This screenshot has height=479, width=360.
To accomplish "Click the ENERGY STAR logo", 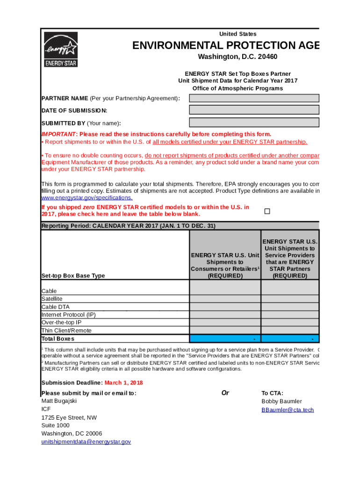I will [x=60, y=49].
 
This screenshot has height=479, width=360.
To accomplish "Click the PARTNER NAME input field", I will [x=254, y=98].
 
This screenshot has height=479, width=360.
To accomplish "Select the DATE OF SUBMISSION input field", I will [x=254, y=110].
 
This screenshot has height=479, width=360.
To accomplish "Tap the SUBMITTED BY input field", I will [x=254, y=123].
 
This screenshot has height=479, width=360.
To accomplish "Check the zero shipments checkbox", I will [x=267, y=211].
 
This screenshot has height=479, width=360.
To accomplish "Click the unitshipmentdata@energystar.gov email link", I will [x=86, y=442].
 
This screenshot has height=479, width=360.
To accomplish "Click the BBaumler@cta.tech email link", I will [x=288, y=410].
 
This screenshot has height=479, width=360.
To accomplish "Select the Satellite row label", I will [x=52, y=299].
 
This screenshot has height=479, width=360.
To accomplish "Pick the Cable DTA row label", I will [x=56, y=307].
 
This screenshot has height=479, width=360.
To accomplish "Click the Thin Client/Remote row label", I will [x=66, y=331].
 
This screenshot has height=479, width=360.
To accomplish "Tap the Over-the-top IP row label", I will [x=61, y=323].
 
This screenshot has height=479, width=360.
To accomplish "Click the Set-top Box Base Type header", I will [x=73, y=276].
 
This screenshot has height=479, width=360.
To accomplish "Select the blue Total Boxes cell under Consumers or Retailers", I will [x=224, y=339].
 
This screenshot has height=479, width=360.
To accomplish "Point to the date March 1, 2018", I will [x=123, y=383].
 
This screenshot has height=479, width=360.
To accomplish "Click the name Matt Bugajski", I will [x=59, y=401].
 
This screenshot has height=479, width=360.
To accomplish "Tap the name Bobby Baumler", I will [x=281, y=401].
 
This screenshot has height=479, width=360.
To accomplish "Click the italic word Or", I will [x=225, y=393].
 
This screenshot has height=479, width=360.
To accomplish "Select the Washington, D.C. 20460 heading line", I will [x=238, y=57].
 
